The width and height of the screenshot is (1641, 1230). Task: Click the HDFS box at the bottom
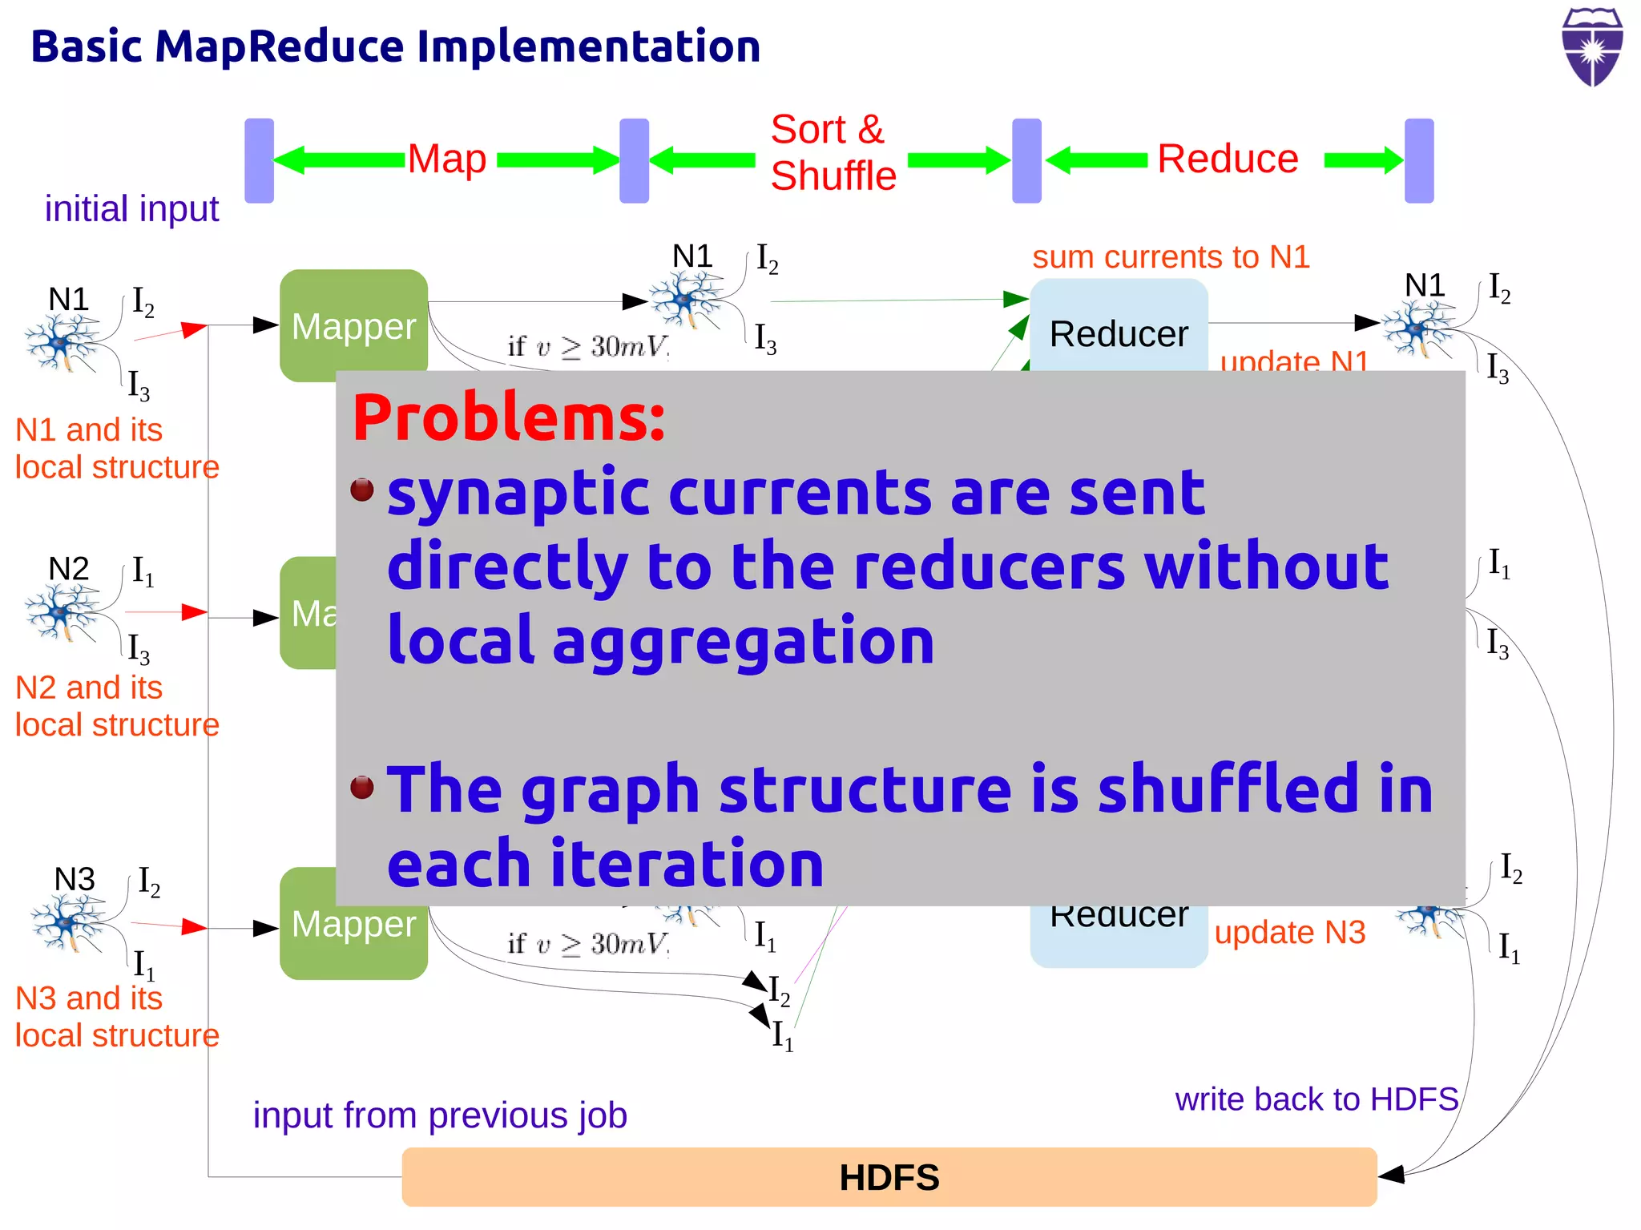pyautogui.click(x=889, y=1176)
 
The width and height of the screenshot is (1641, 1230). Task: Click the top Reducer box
pyautogui.click(x=1119, y=329)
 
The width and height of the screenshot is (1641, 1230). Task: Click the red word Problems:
pyautogui.click(x=509, y=418)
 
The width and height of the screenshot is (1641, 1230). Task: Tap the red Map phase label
pyautogui.click(x=447, y=159)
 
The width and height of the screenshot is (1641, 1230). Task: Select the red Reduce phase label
pyautogui.click(x=1228, y=159)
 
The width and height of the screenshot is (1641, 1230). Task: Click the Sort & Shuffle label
pyautogui.click(x=833, y=152)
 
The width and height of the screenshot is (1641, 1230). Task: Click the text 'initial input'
pyautogui.click(x=131, y=209)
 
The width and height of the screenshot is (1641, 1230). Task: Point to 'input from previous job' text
pyautogui.click(x=440, y=1115)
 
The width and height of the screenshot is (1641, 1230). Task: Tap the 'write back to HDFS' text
pyautogui.click(x=1316, y=1099)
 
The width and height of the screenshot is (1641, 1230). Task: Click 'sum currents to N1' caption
pyautogui.click(x=1171, y=257)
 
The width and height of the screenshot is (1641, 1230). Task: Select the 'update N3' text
pyautogui.click(x=1289, y=932)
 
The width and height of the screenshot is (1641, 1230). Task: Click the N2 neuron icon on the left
pyautogui.click(x=62, y=611)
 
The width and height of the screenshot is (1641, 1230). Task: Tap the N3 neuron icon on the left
pyautogui.click(x=69, y=922)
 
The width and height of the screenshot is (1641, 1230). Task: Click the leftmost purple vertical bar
pyautogui.click(x=259, y=160)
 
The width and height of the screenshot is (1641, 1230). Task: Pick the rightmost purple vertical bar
pyautogui.click(x=1419, y=160)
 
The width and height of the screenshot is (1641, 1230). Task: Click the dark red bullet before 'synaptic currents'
pyautogui.click(x=362, y=489)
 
